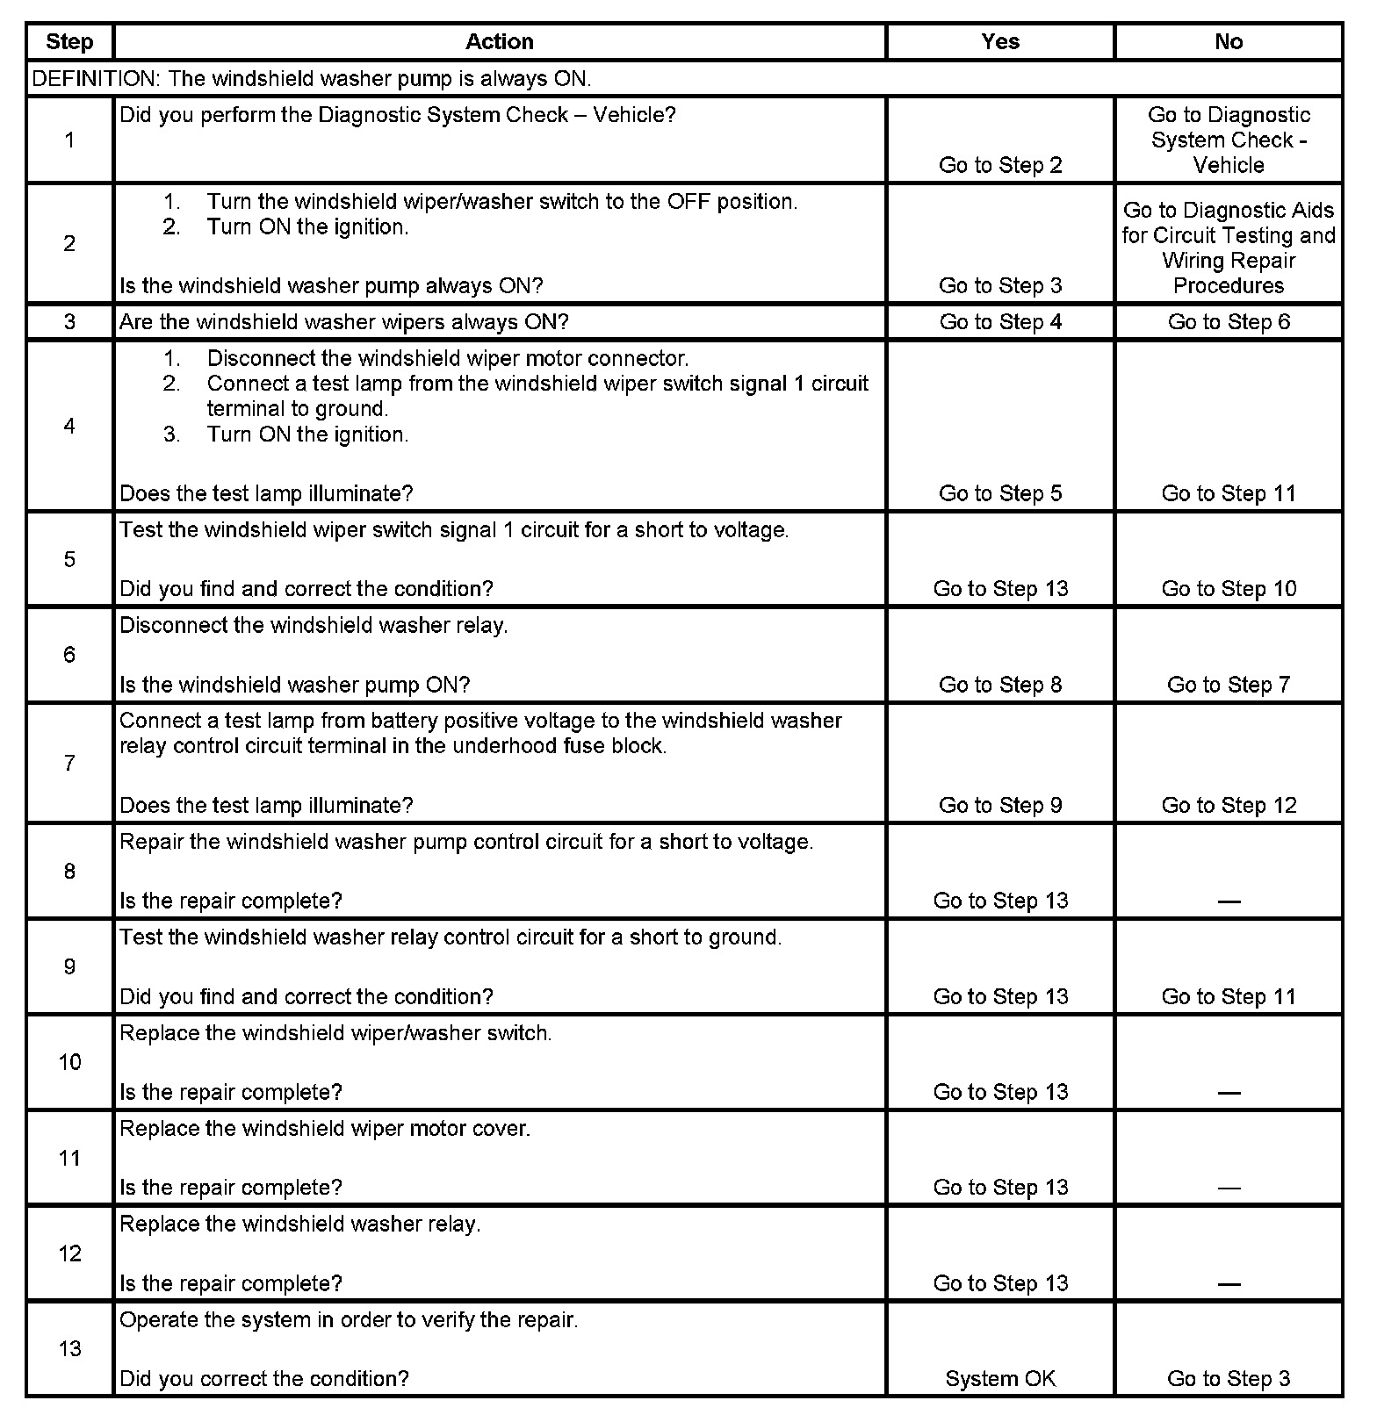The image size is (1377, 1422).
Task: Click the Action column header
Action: pos(499,41)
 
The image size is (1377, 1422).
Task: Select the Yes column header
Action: pos(1000,41)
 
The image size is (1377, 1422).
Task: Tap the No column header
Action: pos(1229,41)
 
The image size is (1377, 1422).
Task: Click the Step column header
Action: pos(69,41)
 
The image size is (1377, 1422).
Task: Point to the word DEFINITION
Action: pos(94,79)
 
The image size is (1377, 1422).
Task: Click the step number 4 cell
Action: pos(69,427)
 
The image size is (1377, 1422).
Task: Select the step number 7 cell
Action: pos(69,763)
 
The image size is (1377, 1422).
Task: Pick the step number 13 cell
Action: pos(69,1349)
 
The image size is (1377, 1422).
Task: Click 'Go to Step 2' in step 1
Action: pos(1000,165)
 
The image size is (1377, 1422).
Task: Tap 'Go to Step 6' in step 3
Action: pos(1229,322)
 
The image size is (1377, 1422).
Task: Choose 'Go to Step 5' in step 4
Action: pos(1000,493)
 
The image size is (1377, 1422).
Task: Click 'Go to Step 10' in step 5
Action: pos(1229,589)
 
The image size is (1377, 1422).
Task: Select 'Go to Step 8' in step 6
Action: pos(1000,685)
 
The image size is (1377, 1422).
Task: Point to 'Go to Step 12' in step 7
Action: pos(1229,806)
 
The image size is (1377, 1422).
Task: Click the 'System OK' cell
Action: pos(1000,1379)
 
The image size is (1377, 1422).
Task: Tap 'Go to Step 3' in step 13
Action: pos(1229,1379)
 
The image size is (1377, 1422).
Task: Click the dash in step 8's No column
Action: pos(1229,901)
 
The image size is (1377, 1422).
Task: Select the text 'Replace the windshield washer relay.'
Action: pos(299,1224)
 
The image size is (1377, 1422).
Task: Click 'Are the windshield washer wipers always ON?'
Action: pos(343,322)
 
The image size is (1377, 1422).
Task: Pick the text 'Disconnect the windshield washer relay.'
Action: pos(314,626)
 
